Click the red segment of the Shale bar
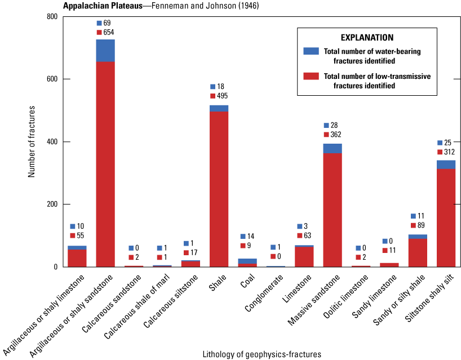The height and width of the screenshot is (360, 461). pos(219,189)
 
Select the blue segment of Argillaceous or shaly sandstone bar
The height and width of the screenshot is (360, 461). pos(105,51)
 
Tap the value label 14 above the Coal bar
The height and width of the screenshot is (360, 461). pos(250,236)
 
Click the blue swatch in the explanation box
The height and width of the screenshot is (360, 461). pos(311,51)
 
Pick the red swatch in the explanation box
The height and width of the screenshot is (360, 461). pos(311,76)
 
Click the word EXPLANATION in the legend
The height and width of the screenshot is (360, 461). pos(367,38)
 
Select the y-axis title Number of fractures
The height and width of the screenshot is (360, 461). pos(32,141)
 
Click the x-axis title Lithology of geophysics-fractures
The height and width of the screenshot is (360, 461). pos(261,354)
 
